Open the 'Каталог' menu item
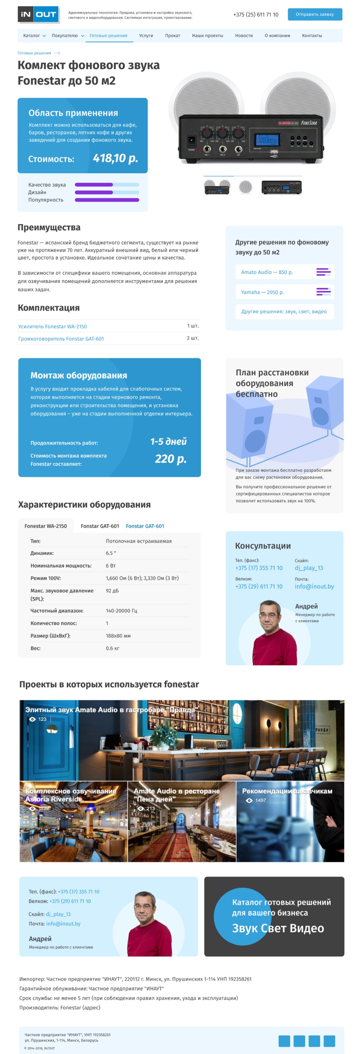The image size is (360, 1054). click(x=31, y=36)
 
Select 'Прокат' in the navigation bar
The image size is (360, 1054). click(x=172, y=36)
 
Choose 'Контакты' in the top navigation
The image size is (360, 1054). click(x=312, y=36)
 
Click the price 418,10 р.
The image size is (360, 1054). click(x=115, y=158)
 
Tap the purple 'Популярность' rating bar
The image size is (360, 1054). click(x=107, y=200)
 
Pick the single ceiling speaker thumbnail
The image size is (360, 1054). click(x=246, y=187)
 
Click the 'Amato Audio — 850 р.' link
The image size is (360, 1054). click(x=267, y=272)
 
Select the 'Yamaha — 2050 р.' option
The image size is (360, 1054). click(x=262, y=292)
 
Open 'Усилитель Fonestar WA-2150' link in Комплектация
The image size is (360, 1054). click(x=52, y=326)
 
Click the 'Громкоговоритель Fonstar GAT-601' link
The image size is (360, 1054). click(x=61, y=339)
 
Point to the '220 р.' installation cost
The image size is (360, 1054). click(x=170, y=459)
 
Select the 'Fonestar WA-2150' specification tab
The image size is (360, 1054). click(x=45, y=526)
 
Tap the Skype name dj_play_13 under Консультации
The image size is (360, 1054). click(x=309, y=568)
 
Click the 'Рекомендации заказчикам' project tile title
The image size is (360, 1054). click(x=287, y=791)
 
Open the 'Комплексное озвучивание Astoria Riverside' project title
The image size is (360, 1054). click(x=70, y=795)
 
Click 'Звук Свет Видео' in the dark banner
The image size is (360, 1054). click(x=278, y=928)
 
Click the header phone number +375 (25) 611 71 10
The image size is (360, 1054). click(x=255, y=14)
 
